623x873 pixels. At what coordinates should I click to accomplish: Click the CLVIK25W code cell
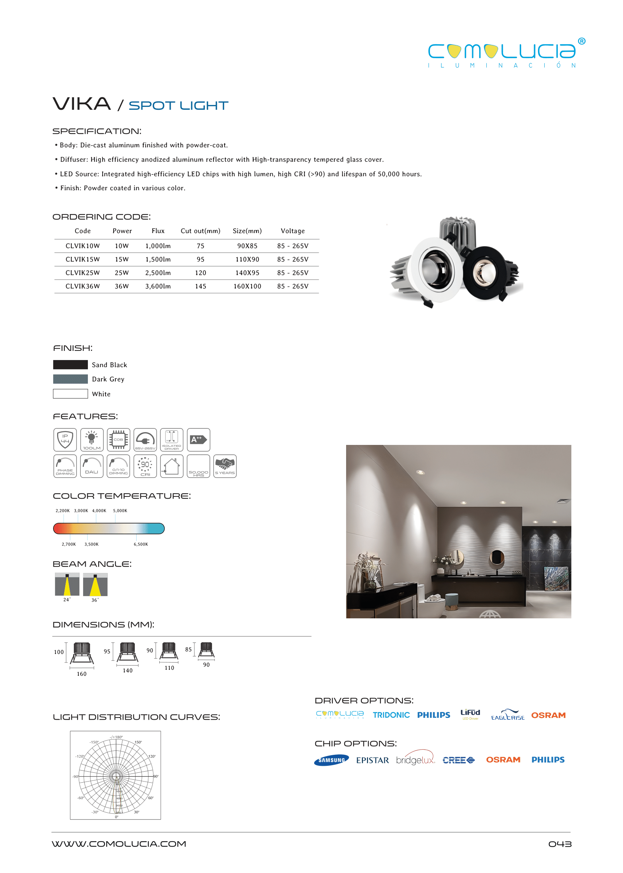[x=82, y=273]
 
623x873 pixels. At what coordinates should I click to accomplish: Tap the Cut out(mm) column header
[x=200, y=231]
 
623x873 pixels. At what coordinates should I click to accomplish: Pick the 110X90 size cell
[x=247, y=259]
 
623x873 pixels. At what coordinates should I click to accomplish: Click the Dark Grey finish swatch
[x=70, y=379]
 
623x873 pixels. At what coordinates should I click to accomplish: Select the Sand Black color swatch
[x=70, y=364]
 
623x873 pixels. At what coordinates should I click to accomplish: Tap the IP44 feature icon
[x=65, y=439]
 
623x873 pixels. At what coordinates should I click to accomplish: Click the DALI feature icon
[x=92, y=466]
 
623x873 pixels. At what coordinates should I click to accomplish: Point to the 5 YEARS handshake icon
[x=225, y=466]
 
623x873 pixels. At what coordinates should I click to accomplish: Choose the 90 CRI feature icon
[x=145, y=466]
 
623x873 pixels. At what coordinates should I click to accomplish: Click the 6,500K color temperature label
[x=141, y=544]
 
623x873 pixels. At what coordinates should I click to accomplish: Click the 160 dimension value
[x=82, y=674]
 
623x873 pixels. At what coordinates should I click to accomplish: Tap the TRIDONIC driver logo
[x=391, y=715]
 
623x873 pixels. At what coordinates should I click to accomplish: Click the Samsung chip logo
[x=331, y=760]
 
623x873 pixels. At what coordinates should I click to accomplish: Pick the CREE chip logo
[x=459, y=760]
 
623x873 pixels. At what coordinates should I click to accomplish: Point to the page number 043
[x=560, y=844]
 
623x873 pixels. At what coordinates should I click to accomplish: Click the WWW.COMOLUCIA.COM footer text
[x=119, y=844]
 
